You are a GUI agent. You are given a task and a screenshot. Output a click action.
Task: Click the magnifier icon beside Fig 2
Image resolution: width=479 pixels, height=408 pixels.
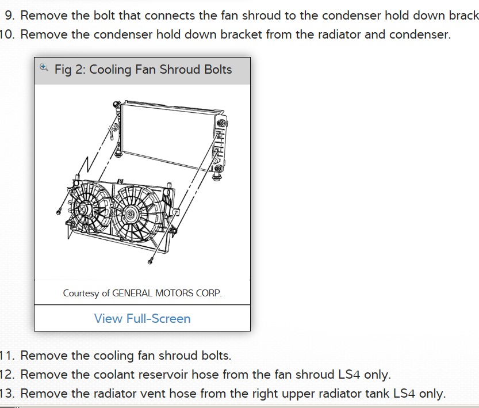(44, 68)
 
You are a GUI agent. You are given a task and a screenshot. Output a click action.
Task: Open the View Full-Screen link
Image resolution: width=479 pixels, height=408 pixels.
(142, 318)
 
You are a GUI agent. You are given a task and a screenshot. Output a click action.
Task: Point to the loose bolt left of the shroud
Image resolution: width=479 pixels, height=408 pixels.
(59, 211)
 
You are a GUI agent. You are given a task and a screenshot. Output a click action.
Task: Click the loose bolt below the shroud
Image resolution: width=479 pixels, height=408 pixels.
(150, 261)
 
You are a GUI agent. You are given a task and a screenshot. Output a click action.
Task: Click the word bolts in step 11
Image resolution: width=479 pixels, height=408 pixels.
(215, 355)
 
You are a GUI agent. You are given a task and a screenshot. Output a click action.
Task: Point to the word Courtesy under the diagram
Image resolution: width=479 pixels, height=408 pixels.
(81, 293)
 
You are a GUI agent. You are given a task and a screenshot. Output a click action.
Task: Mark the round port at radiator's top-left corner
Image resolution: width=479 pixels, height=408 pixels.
(117, 104)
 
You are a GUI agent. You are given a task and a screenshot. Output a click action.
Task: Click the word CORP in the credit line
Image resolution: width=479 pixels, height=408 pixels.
(209, 293)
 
